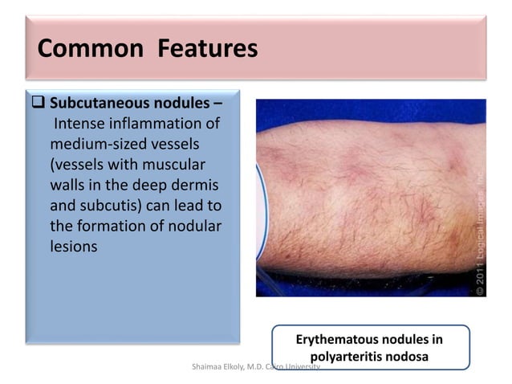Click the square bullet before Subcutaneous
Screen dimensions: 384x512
pos(42,104)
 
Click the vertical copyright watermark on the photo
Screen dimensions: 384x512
pos(477,233)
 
